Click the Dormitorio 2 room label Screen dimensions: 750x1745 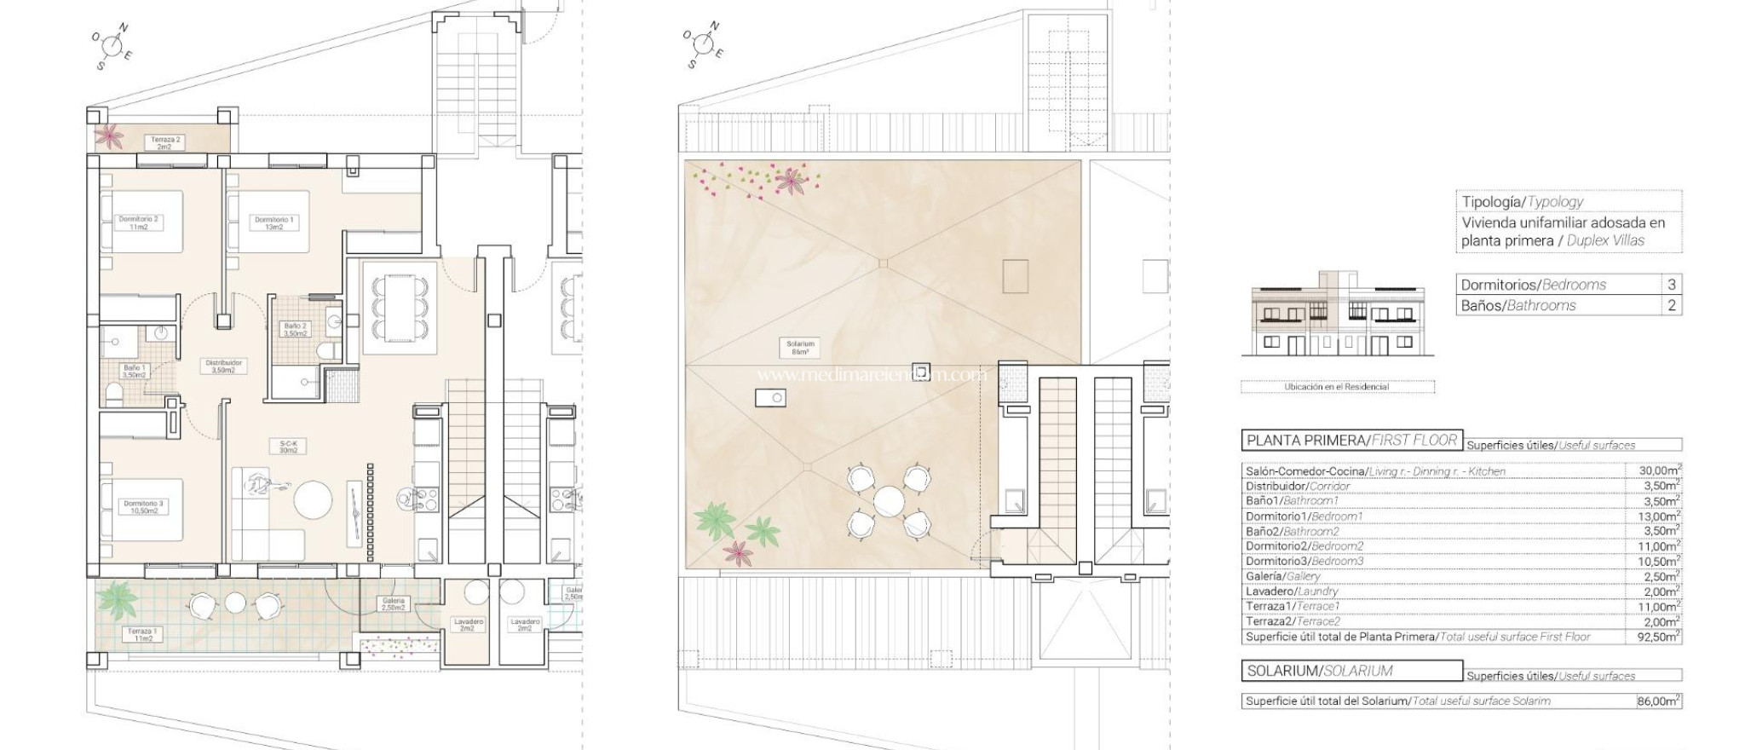coord(138,223)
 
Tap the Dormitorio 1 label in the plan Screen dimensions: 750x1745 coord(274,223)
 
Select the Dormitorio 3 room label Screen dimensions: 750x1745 coord(142,507)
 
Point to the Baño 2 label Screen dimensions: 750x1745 coord(295,330)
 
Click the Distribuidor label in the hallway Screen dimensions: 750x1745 coord(224,366)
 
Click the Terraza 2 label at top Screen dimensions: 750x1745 coord(164,143)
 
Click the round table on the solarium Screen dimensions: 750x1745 coord(888,499)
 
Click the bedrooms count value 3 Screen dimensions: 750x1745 coord(1672,285)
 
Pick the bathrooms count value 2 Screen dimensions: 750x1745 coord(1672,305)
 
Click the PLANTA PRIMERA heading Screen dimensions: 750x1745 coord(1351,441)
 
